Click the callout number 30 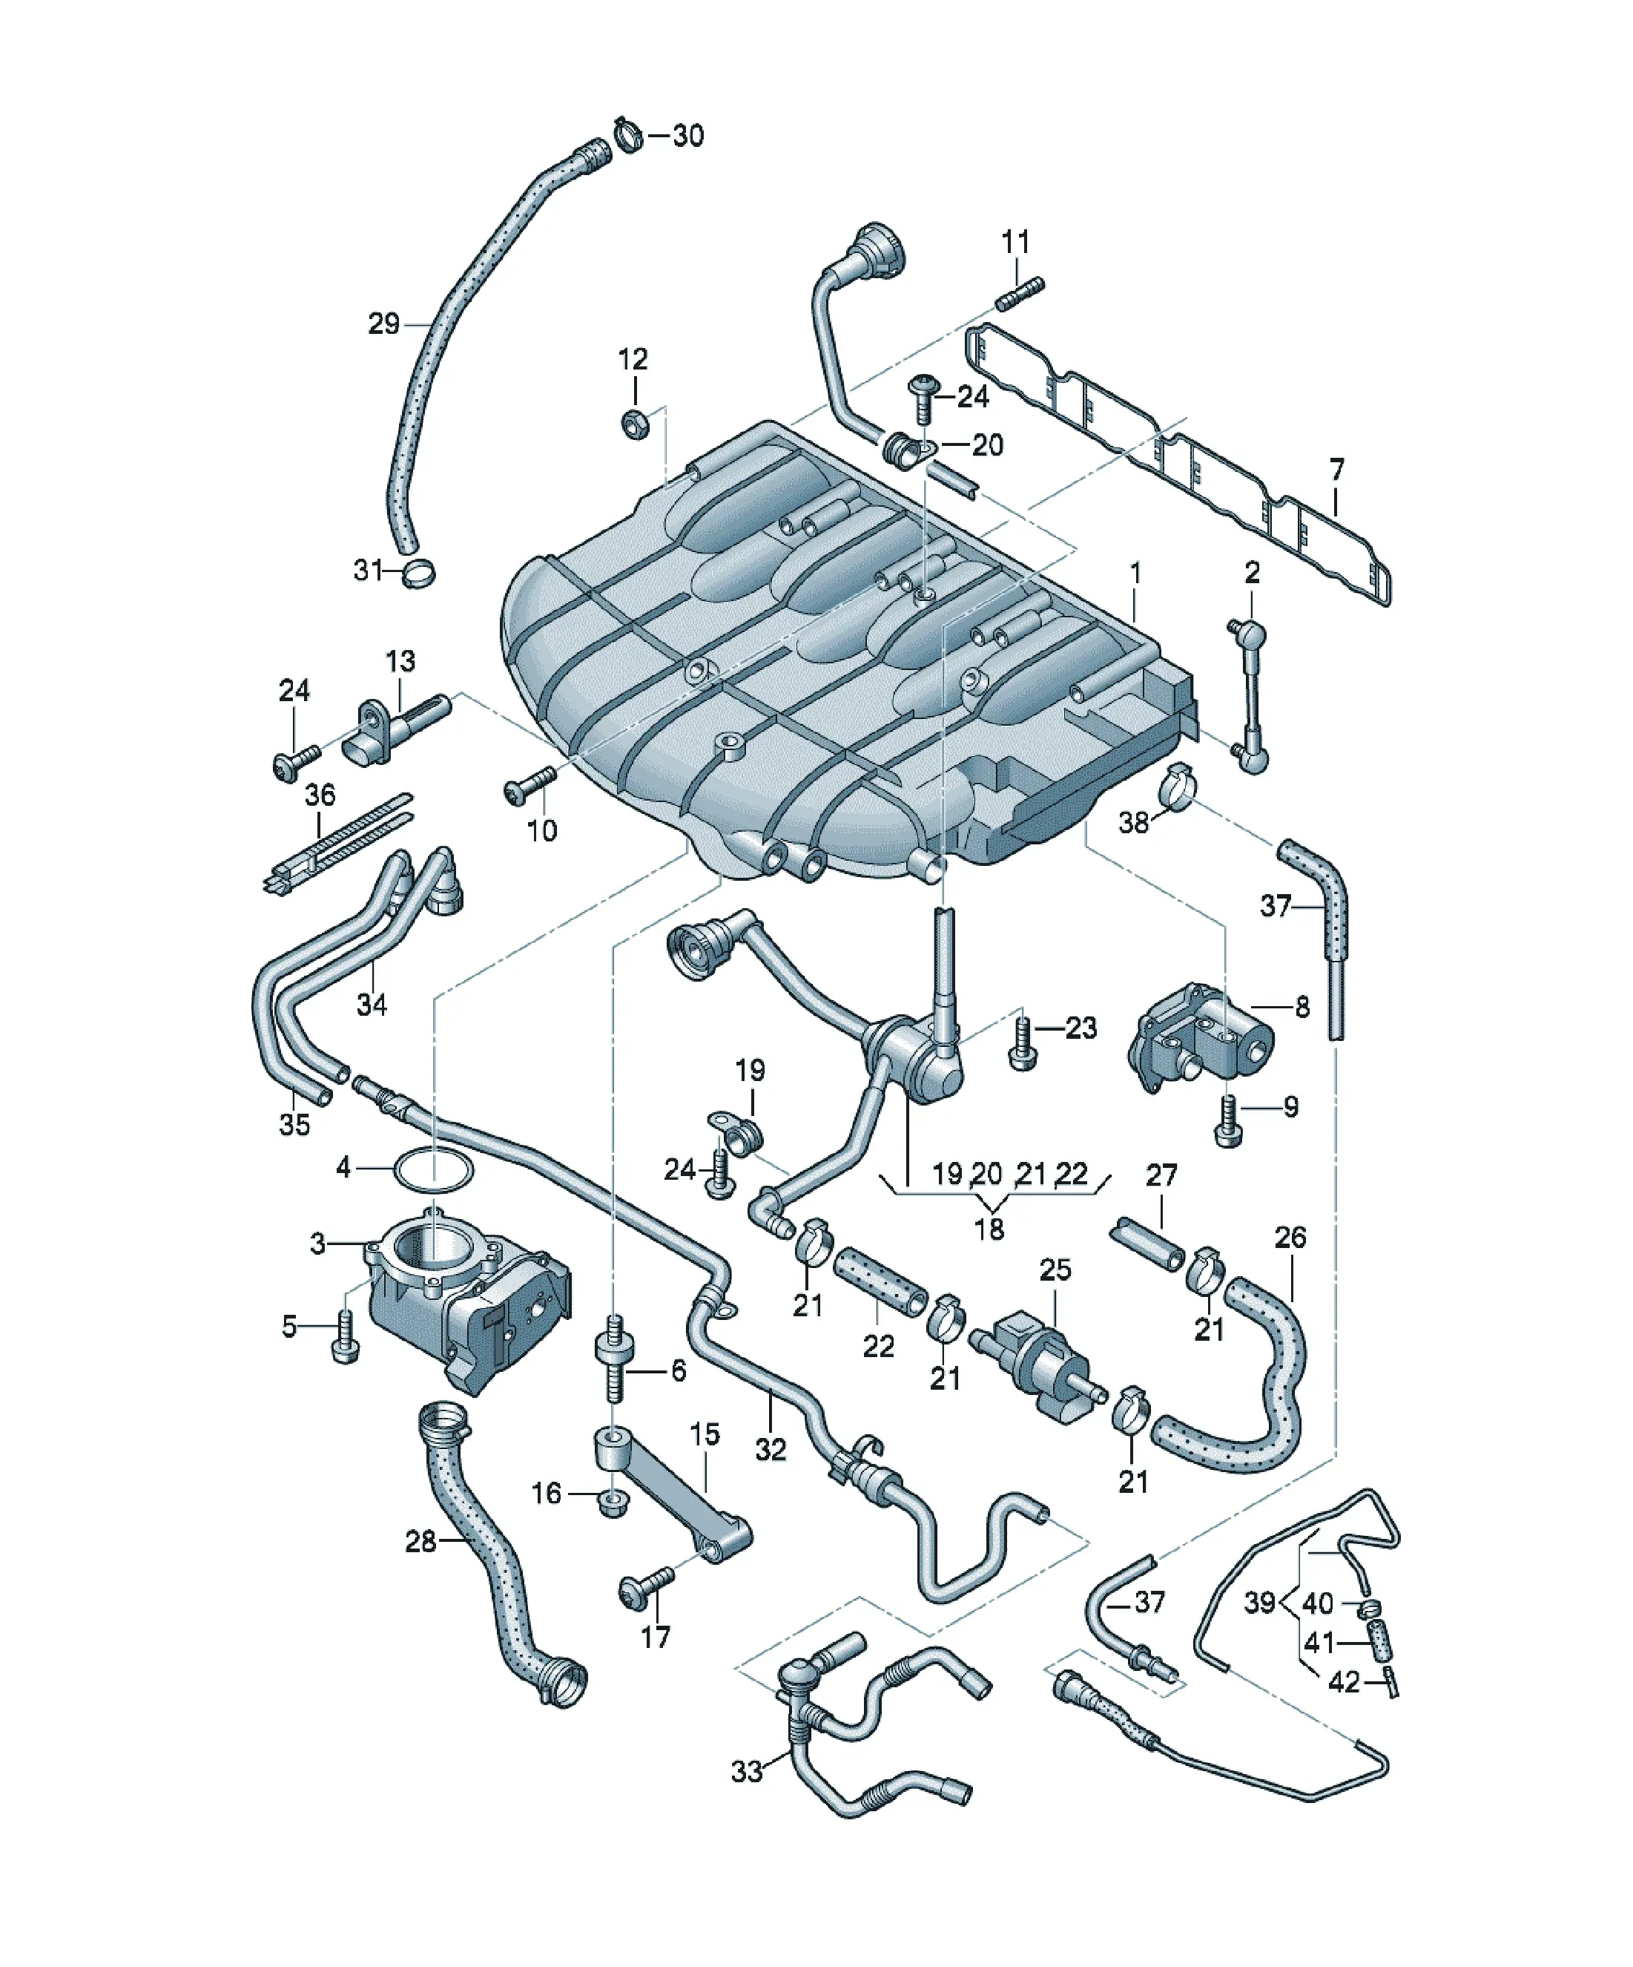(688, 136)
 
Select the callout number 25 (1055, 1270)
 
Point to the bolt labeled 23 (1023, 1046)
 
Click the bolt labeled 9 (1229, 1120)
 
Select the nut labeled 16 (613, 1505)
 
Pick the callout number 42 (1344, 1682)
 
